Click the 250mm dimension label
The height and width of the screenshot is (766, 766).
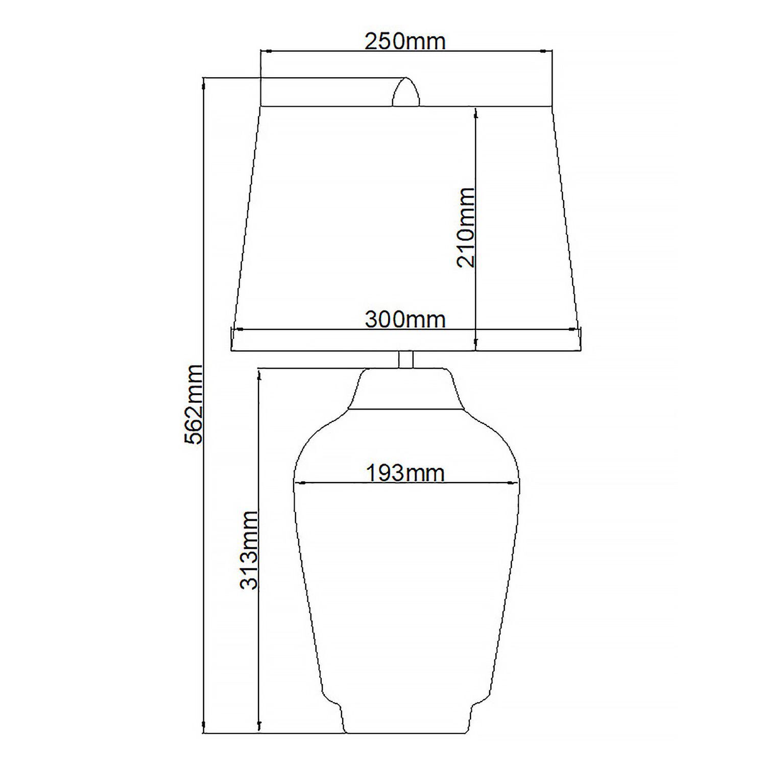[x=405, y=41]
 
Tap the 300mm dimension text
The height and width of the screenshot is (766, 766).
[x=405, y=320]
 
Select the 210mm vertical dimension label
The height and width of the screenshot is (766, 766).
[x=465, y=227]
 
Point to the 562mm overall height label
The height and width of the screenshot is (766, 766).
[x=194, y=404]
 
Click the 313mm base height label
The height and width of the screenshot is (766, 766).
[x=249, y=550]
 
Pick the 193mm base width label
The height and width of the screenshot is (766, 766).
[x=405, y=473]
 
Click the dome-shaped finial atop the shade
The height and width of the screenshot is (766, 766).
[x=405, y=93]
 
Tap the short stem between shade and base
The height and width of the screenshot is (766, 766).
[x=406, y=359]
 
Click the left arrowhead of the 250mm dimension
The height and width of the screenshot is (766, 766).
[x=265, y=51]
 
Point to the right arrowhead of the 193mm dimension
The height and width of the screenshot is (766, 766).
[x=513, y=482]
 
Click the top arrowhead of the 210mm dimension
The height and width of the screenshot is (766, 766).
[x=476, y=112]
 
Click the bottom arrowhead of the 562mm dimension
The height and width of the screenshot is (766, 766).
[x=204, y=728]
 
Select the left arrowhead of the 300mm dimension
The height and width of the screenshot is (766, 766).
[x=236, y=329]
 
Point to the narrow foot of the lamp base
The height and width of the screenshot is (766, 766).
[x=406, y=720]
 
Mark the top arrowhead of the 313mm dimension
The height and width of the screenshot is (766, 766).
[x=259, y=374]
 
